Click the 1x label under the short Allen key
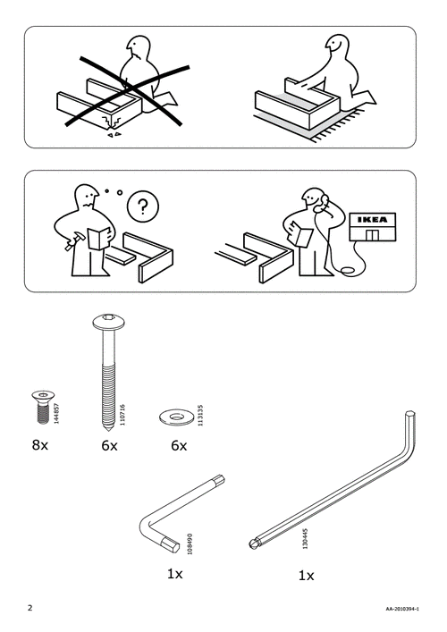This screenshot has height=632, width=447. [x=174, y=573]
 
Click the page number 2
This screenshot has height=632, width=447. [x=30, y=610]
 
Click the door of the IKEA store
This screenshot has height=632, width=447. [x=372, y=234]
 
